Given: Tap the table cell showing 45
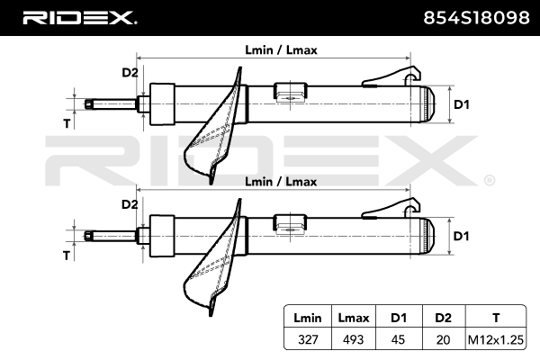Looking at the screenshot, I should click(x=397, y=339).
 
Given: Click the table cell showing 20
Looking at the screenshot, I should click(x=442, y=339).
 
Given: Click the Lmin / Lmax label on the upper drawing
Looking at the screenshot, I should click(x=281, y=51).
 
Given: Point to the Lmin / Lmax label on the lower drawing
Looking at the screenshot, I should click(x=281, y=182).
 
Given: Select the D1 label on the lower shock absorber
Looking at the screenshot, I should click(x=461, y=236).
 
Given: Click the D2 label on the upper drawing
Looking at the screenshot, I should click(x=130, y=73).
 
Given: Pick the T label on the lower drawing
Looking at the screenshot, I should click(x=67, y=256).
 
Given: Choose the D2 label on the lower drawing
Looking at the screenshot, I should click(x=130, y=204).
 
